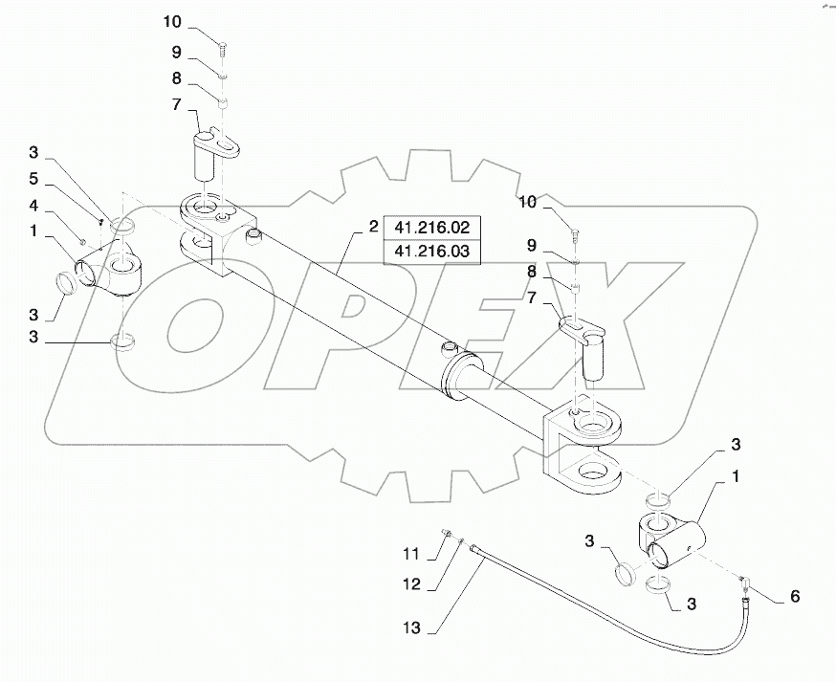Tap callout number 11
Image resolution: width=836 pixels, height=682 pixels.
(x=410, y=554)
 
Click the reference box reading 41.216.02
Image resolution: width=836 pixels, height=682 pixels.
(x=432, y=230)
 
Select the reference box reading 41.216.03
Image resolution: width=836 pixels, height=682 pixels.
(x=432, y=253)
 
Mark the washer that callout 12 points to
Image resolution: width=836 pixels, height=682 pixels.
(x=460, y=542)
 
